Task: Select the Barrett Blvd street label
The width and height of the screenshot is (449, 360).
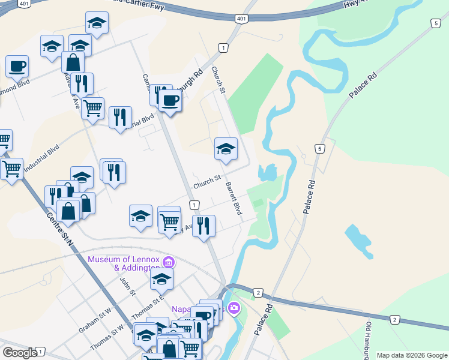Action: pyautogui.click(x=234, y=199)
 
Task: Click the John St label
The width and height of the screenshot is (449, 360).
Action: pyautogui.click(x=125, y=286)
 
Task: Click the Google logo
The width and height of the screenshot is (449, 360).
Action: pyautogui.click(x=20, y=352)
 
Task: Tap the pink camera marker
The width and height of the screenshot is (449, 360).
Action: pyautogui.click(x=234, y=309)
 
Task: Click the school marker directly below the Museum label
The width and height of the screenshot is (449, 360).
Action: pyautogui.click(x=161, y=279)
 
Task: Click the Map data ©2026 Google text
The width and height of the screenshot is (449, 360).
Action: pyautogui.click(x=411, y=355)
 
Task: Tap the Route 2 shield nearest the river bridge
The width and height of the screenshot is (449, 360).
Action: pyautogui.click(x=258, y=292)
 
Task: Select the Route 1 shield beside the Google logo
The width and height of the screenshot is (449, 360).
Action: pyautogui.click(x=40, y=351)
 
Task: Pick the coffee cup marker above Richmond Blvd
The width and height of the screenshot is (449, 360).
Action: pyautogui.click(x=17, y=66)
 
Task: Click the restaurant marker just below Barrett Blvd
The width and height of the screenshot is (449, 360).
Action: pyautogui.click(x=204, y=226)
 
